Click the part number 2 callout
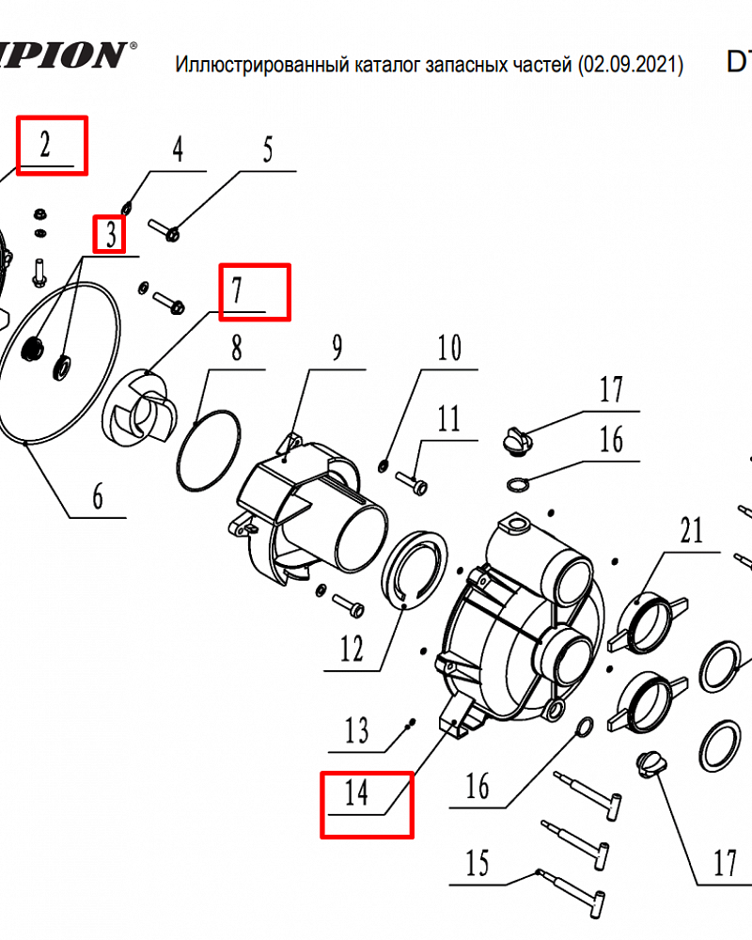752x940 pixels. (45, 145)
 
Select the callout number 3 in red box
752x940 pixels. (111, 235)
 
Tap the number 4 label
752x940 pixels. (177, 150)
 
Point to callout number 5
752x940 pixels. (268, 150)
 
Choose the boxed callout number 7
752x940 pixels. (238, 290)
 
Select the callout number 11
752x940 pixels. (449, 417)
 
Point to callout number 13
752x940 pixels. (357, 730)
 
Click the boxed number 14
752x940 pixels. (356, 793)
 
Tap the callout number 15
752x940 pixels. (478, 863)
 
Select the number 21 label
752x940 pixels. (691, 532)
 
